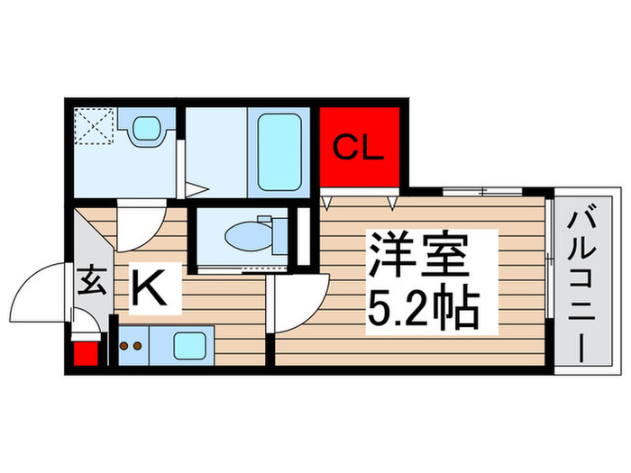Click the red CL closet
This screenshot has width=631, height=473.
tap(360, 147)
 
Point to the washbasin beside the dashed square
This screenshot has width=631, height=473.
tap(144, 130)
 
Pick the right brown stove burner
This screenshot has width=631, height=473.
tap(139, 345)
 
